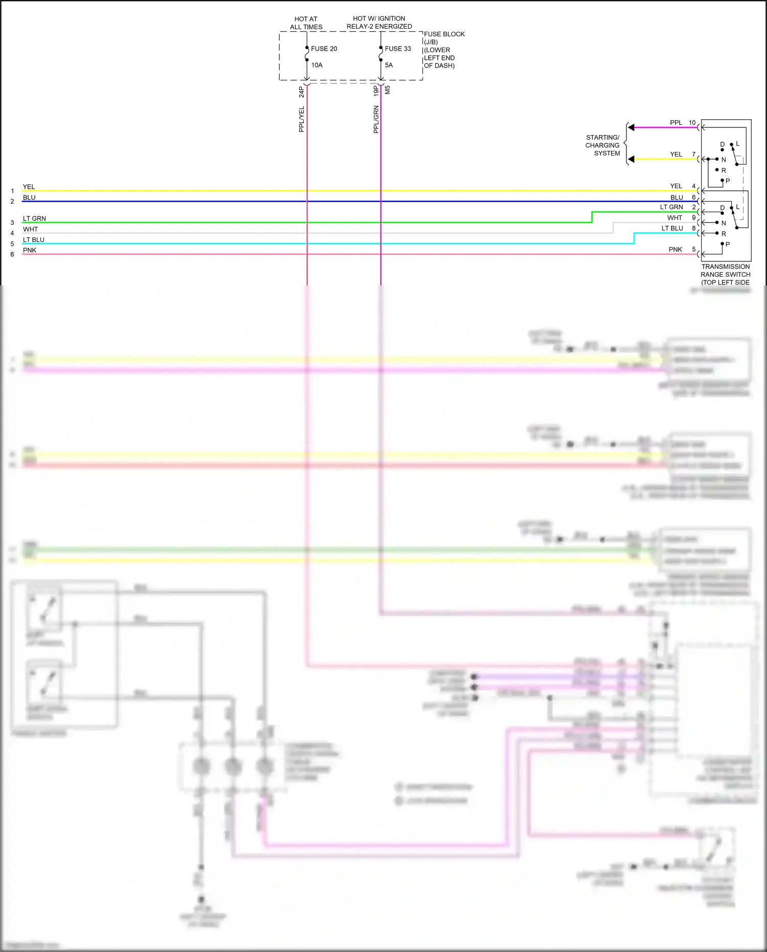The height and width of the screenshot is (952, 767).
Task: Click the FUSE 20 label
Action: (324, 49)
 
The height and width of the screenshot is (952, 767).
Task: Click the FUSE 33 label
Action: (397, 49)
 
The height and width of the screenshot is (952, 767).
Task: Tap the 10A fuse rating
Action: (317, 65)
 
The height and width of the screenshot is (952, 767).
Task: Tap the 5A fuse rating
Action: (389, 65)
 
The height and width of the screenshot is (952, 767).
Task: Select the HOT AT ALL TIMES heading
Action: (306, 23)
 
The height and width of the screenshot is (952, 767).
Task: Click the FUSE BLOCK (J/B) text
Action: (443, 38)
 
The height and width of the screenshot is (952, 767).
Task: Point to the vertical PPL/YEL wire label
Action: (301, 119)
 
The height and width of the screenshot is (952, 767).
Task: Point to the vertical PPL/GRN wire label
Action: (376, 119)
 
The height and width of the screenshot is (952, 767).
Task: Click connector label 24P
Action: (301, 92)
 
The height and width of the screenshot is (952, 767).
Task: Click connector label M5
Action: (387, 90)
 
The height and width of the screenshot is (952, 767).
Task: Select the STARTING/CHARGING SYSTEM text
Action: (602, 145)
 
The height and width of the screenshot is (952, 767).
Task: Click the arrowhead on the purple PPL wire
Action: (631, 127)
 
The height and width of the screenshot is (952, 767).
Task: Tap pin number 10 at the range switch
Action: (692, 123)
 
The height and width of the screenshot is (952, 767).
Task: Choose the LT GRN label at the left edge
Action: (34, 218)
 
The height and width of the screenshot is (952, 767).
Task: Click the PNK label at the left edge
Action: (30, 250)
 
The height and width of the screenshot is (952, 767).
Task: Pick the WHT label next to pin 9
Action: (674, 218)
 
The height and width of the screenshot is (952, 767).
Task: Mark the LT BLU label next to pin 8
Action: (672, 228)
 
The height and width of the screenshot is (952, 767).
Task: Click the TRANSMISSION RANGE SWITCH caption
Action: (725, 274)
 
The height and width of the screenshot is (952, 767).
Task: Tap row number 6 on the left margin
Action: (12, 254)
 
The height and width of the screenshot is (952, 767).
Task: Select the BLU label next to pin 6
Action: (676, 197)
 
